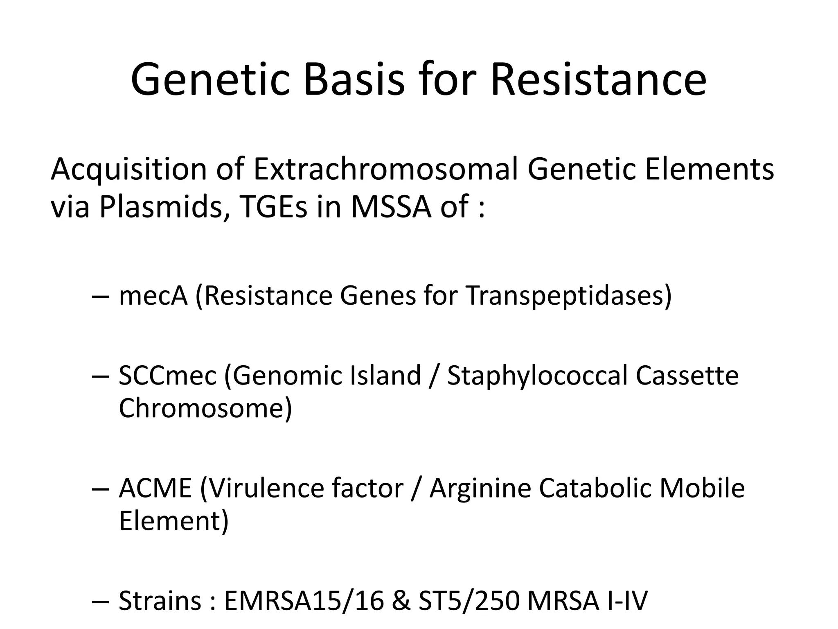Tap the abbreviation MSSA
click(391, 207)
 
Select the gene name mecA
click(153, 296)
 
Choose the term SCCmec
click(167, 376)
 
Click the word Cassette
click(687, 376)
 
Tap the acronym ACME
click(155, 489)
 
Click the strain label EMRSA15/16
click(304, 601)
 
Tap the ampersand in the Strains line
click(401, 601)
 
